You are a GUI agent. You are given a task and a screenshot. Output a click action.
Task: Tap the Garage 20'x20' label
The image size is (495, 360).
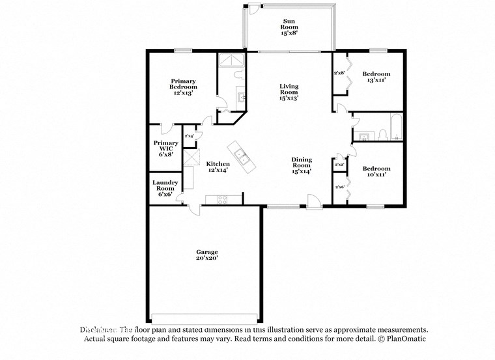tap(207, 255)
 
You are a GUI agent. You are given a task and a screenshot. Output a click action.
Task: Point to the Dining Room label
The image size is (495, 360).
tap(301, 165)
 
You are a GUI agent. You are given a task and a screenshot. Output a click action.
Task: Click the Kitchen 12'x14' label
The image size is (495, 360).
tap(218, 167)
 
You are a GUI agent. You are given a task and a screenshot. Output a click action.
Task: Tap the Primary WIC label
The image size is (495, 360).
tap(165, 148)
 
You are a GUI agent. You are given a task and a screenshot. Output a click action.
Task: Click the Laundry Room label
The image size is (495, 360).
tap(165, 188)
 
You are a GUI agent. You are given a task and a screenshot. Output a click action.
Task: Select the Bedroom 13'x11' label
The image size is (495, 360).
tap(376, 77)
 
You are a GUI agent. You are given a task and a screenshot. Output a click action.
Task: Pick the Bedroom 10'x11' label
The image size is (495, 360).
tap(376, 171)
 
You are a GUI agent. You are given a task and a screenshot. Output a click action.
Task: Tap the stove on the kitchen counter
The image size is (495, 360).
tap(221, 199)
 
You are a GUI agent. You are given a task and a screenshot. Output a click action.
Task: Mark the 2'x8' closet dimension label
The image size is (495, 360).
tap(339, 74)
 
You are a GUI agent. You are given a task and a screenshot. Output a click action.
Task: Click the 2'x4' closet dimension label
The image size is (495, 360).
tap(190, 136)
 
